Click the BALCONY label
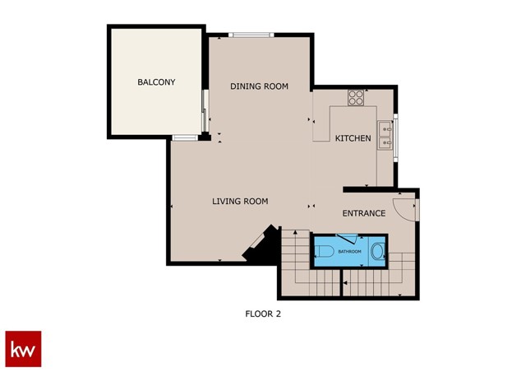(x=156, y=82)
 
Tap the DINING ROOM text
(x=259, y=86)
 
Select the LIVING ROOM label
(x=240, y=202)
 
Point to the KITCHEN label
(x=353, y=138)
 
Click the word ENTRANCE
(x=363, y=213)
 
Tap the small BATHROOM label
(x=348, y=252)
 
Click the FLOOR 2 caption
(x=263, y=314)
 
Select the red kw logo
(x=23, y=348)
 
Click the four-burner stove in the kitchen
(x=357, y=98)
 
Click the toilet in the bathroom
(x=325, y=251)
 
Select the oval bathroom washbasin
(x=377, y=250)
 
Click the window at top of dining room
(x=251, y=35)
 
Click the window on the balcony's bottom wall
(x=184, y=137)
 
